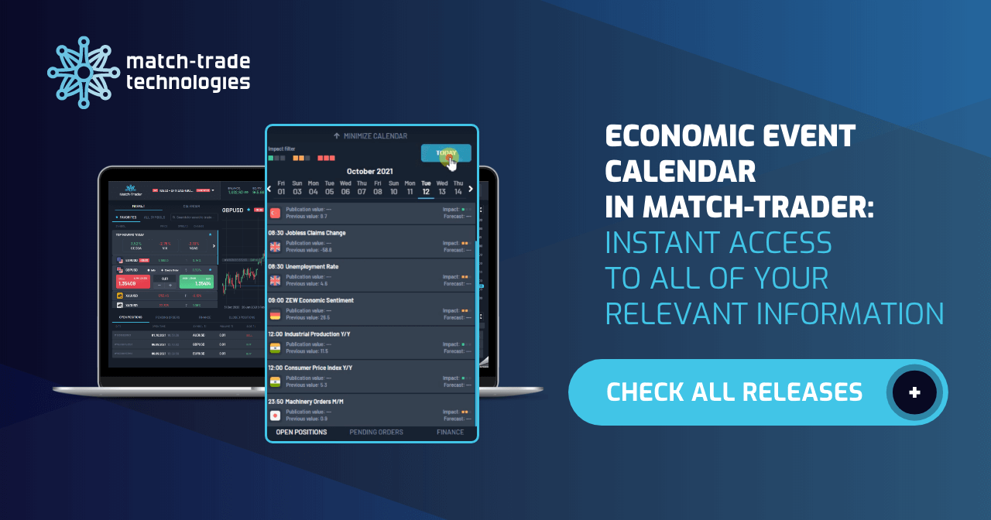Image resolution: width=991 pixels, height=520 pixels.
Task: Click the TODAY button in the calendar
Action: coord(445,152)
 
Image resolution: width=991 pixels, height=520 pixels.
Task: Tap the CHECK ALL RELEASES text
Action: coord(733,392)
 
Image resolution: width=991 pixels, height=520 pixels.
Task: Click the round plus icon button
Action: coord(914,392)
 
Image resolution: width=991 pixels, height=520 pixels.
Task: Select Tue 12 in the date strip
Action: coord(426,187)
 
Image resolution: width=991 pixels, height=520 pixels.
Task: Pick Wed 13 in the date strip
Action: coord(442,187)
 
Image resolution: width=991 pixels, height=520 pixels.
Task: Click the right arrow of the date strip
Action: coord(471,188)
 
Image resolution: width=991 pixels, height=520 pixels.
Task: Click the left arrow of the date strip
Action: coord(269,188)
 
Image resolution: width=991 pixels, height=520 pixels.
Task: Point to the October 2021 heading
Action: coord(371,171)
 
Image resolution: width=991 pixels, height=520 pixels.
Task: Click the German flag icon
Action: coord(275,314)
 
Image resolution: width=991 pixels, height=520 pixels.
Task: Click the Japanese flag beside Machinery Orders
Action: coord(275,416)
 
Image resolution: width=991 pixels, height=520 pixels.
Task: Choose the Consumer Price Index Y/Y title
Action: coord(318,368)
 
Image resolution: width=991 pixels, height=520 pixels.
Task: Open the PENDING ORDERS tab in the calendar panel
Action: coord(376,433)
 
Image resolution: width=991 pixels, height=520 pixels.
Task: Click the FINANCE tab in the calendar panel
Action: coord(450,433)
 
